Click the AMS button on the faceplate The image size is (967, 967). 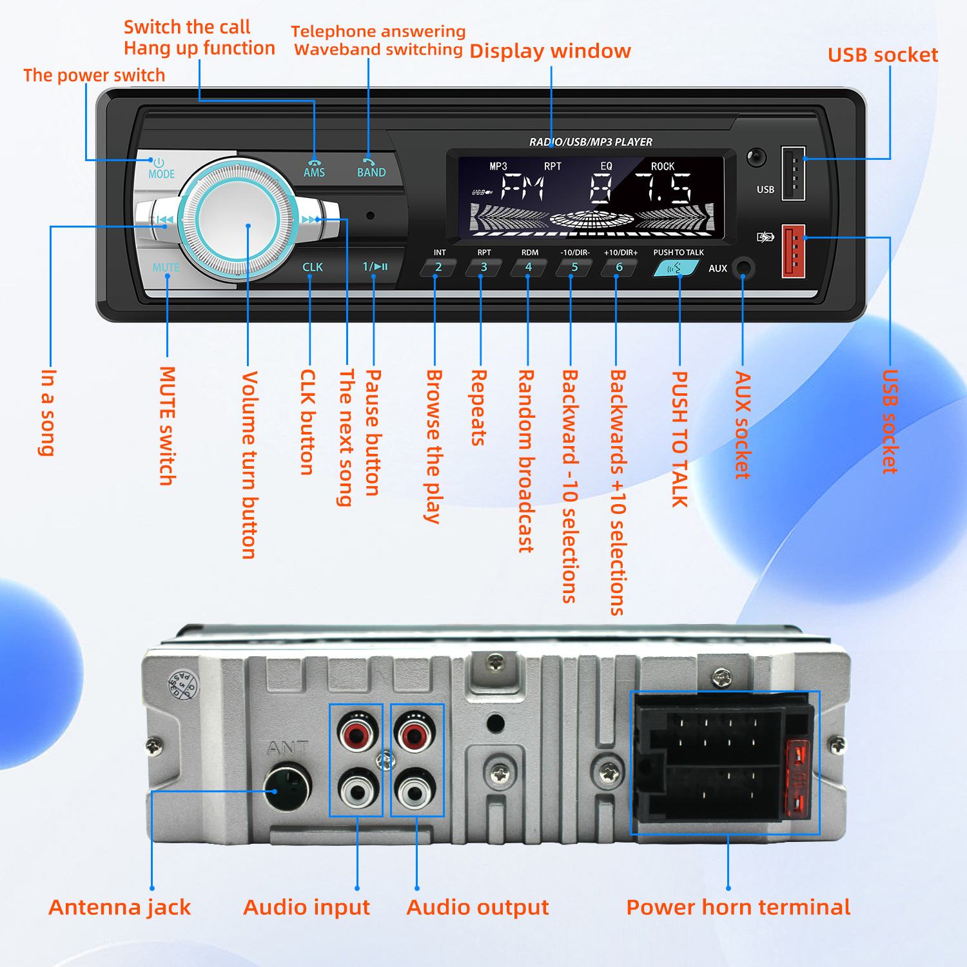tap(314, 170)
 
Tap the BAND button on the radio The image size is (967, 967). tap(371, 170)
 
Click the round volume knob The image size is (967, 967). tap(238, 219)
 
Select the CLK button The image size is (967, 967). tap(313, 267)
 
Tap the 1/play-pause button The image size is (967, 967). tap(375, 266)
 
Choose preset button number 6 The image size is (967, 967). tap(619, 268)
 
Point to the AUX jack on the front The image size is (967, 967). tap(743, 267)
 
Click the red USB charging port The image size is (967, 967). tap(794, 251)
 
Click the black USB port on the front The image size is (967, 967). tap(794, 173)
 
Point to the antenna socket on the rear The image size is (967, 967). tap(288, 787)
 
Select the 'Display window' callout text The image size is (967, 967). tap(550, 51)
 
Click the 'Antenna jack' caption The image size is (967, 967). tap(120, 907)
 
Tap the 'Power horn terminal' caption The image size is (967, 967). tap(738, 907)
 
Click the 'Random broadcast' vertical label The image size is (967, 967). tap(526, 461)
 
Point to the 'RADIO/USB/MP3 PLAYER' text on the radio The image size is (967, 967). tap(591, 142)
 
